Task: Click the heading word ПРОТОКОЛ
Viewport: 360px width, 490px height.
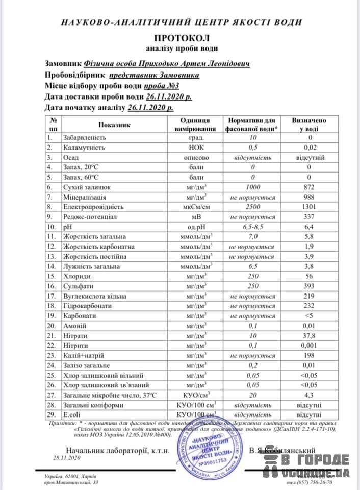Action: click(x=182, y=38)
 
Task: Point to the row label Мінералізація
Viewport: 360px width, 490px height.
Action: click(x=85, y=198)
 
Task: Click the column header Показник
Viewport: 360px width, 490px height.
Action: click(x=115, y=124)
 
